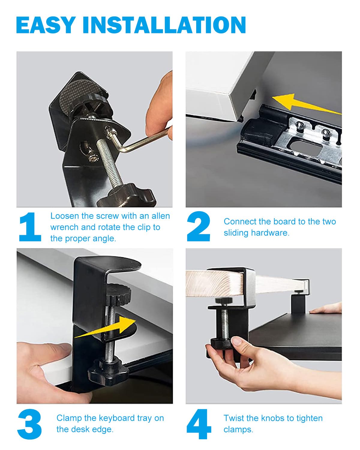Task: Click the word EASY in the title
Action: pyautogui.click(x=46, y=25)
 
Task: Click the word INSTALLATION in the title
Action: pyautogui.click(x=164, y=25)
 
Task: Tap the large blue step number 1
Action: pyautogui.click(x=30, y=227)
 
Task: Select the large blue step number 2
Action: pyautogui.click(x=198, y=226)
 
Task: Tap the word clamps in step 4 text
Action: pyautogui.click(x=238, y=430)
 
